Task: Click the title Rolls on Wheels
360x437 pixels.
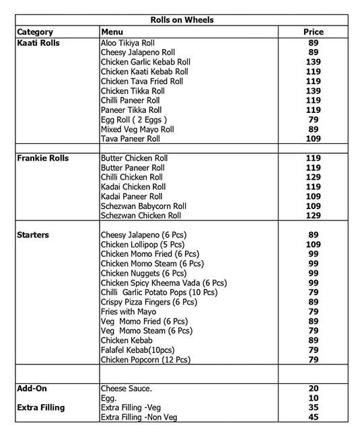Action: [x=182, y=20]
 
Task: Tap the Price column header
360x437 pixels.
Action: [x=313, y=32]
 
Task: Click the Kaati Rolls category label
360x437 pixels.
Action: [x=38, y=43]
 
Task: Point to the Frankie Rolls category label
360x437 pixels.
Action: [x=42, y=159]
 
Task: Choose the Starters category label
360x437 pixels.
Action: [x=33, y=235]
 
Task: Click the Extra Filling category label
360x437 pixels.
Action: [x=42, y=408]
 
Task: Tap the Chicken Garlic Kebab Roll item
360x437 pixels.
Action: [x=145, y=62]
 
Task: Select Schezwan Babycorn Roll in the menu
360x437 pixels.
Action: [x=143, y=206]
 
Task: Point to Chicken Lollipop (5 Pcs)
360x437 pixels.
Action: [x=143, y=245]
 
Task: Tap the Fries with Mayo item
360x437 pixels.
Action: [x=128, y=312]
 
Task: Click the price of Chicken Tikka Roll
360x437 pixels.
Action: [x=313, y=91]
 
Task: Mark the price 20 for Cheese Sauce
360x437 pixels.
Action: [x=313, y=389]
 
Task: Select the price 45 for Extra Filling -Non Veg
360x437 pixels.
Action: [x=313, y=418]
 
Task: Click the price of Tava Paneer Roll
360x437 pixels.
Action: [x=313, y=139]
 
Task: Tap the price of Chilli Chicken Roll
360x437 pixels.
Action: [x=313, y=177]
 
